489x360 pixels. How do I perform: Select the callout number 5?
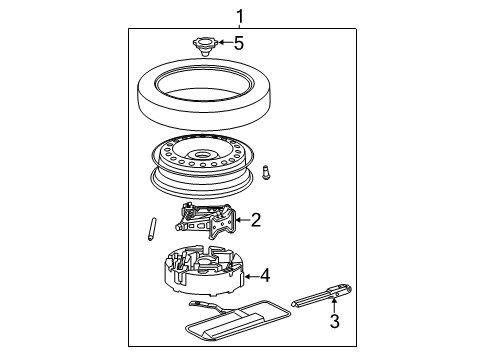[238, 43]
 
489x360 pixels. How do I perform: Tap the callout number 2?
[257, 220]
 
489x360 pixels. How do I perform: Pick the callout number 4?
[265, 274]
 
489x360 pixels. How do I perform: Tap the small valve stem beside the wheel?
[267, 174]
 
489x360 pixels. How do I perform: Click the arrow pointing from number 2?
[240, 220]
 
